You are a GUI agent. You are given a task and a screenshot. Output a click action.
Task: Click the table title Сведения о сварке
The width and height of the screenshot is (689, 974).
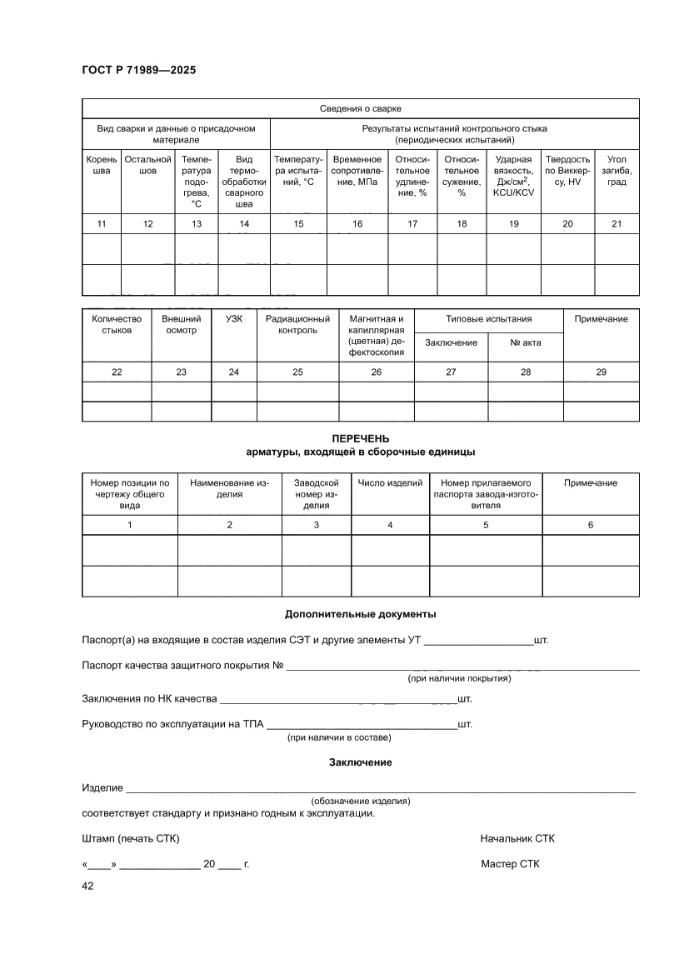(x=361, y=109)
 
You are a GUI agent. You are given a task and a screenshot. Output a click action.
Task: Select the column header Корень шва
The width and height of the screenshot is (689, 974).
(x=102, y=165)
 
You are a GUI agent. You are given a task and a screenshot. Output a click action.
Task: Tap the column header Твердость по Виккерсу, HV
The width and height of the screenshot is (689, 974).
(x=567, y=165)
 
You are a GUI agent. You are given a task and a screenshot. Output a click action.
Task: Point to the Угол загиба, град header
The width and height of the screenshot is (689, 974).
(x=617, y=171)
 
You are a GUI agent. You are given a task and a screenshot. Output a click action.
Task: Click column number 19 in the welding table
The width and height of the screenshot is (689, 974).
(x=514, y=223)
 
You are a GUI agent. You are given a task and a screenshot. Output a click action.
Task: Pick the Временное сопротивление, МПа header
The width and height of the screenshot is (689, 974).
(x=357, y=165)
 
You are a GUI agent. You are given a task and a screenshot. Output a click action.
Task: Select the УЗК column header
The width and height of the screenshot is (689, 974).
(x=233, y=319)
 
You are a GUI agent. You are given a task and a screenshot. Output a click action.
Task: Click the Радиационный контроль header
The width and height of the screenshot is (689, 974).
(x=297, y=325)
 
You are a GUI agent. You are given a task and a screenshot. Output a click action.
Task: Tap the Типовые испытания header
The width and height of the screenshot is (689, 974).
(x=488, y=319)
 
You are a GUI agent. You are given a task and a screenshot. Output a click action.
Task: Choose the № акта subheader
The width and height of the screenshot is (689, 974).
(x=525, y=342)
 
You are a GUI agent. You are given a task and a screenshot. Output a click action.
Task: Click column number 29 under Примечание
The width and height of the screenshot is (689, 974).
(x=601, y=372)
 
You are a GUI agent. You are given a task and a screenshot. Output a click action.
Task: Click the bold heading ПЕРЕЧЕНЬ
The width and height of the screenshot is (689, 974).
(x=361, y=439)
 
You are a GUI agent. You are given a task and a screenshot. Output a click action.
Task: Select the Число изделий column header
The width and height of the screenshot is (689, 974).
(x=390, y=483)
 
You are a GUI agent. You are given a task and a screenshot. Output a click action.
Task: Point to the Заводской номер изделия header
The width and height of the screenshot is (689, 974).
(x=316, y=494)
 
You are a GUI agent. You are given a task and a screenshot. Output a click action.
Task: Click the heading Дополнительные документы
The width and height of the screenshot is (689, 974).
(x=361, y=614)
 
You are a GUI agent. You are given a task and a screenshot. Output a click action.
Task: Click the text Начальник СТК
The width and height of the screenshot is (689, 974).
(x=517, y=838)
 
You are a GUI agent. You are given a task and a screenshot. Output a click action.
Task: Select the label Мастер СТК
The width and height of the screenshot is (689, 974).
(x=510, y=864)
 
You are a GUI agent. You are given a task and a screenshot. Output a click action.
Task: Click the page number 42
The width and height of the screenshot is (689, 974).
(x=87, y=887)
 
